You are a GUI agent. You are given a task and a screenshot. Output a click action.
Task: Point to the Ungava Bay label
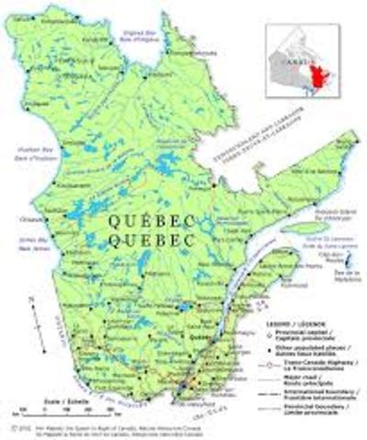pos(138,34)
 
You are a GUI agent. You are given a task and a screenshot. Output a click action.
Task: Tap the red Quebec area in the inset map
pos(320,77)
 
